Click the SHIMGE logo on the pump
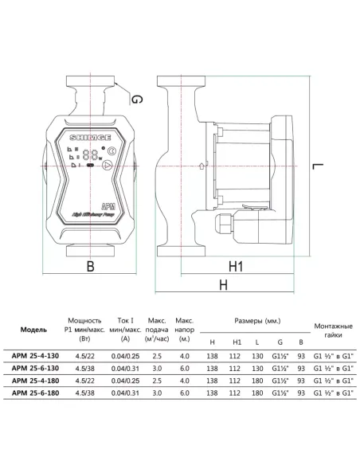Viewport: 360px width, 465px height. pyautogui.click(x=90, y=138)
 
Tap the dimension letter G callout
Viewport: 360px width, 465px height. pyautogui.click(x=137, y=99)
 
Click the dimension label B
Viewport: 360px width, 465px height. pyautogui.click(x=91, y=266)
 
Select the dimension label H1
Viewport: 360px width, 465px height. pyautogui.click(x=236, y=266)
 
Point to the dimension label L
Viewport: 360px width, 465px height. pyautogui.click(x=318, y=166)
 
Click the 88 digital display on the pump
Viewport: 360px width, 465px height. pyautogui.click(x=91, y=154)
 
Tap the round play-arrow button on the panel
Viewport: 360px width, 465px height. pyautogui.click(x=108, y=166)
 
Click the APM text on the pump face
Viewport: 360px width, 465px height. pyautogui.click(x=108, y=206)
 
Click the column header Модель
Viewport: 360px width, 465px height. pyautogui.click(x=33, y=330)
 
